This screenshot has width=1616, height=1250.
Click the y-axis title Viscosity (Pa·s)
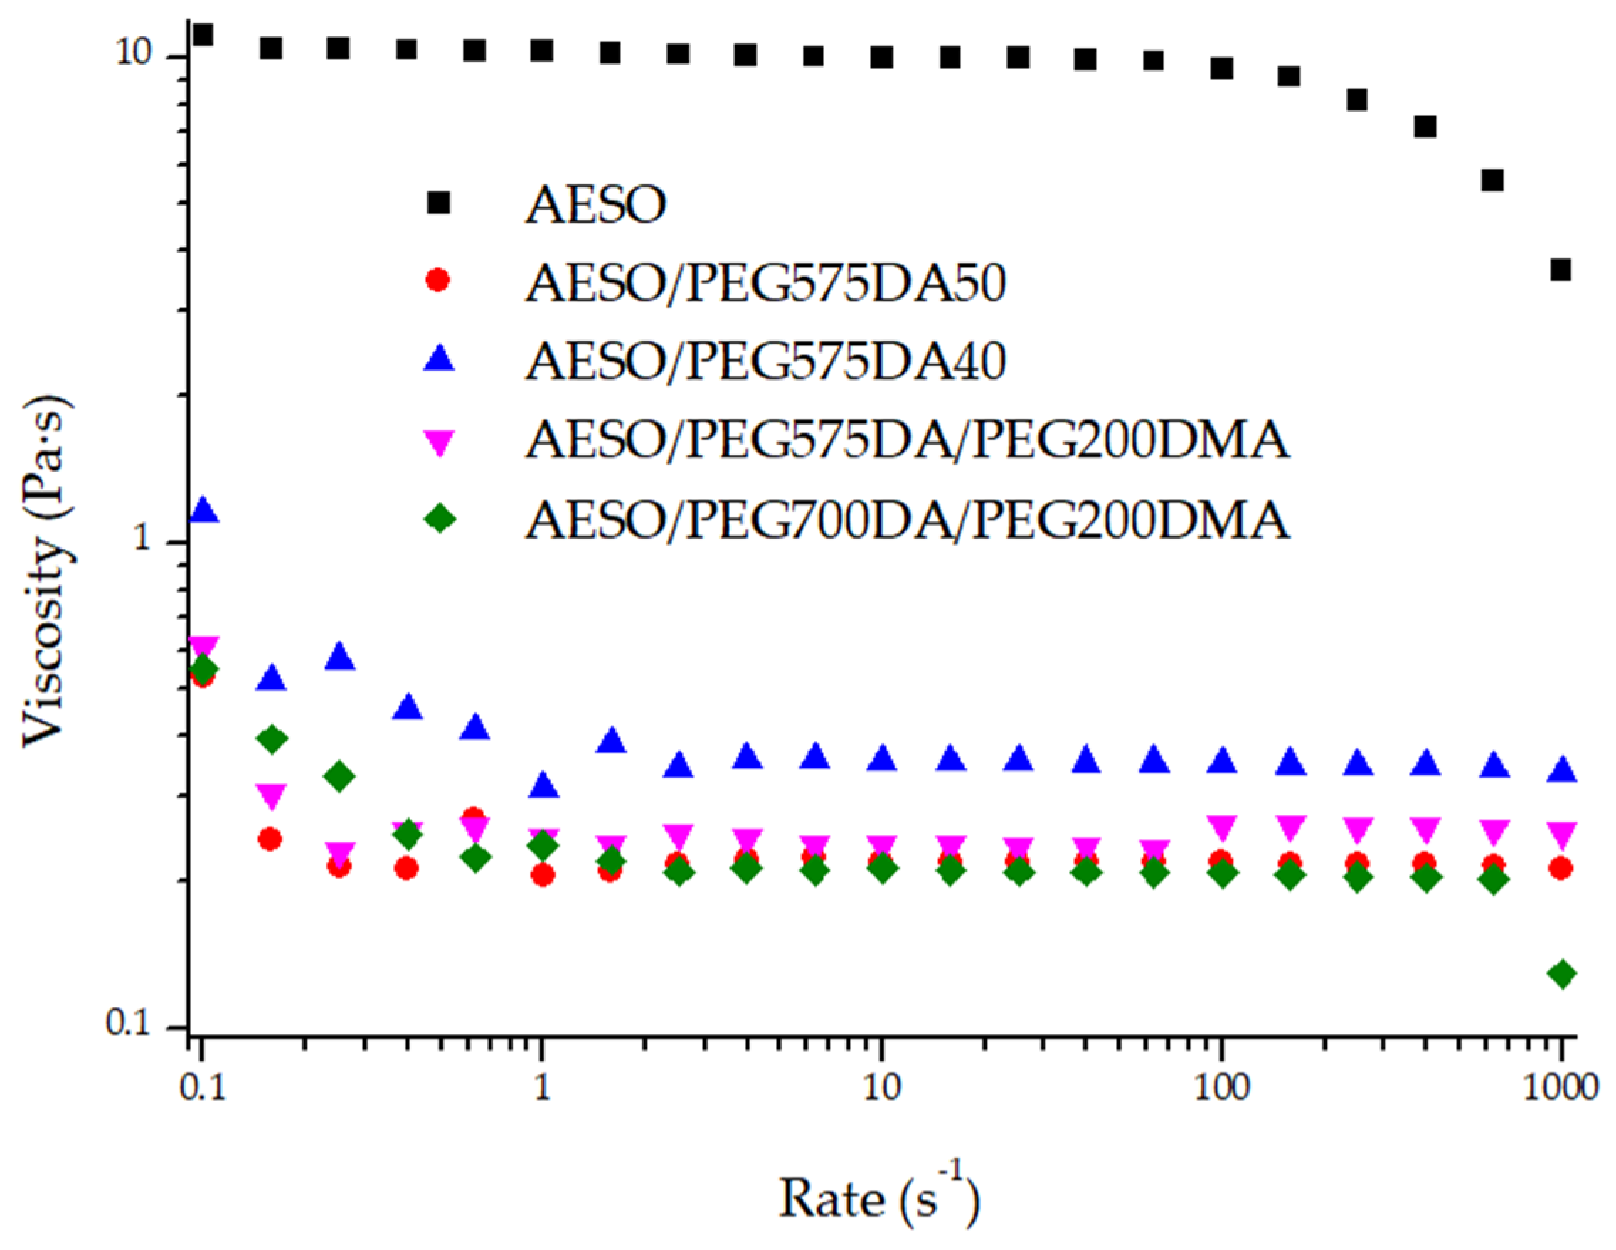[48, 571]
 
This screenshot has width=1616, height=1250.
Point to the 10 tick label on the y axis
[134, 56]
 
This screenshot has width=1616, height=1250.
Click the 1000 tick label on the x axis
[1560, 1087]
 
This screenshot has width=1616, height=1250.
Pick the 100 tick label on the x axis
[1222, 1087]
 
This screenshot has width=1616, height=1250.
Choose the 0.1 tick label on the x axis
[201, 1087]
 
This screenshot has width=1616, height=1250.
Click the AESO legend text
[595, 204]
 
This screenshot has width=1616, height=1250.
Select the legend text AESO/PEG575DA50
[765, 282]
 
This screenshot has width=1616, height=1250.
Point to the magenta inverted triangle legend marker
[439, 443]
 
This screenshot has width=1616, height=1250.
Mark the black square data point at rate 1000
[1561, 270]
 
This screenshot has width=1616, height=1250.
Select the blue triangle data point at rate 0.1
[203, 511]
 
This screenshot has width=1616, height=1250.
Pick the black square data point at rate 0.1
[202, 34]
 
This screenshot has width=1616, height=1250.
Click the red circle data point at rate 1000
[1561, 868]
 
